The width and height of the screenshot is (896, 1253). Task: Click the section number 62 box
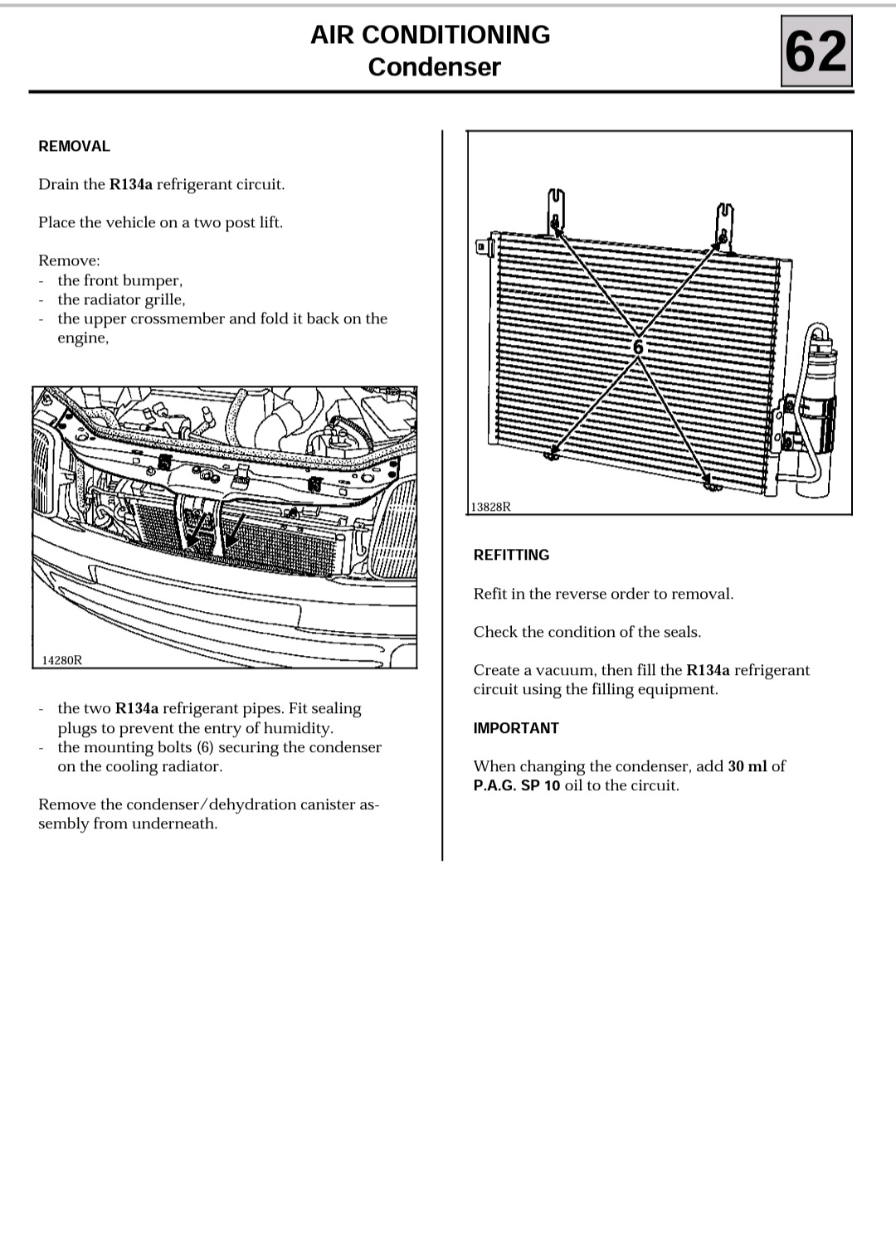point(816,51)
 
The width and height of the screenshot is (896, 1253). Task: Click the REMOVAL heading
point(74,146)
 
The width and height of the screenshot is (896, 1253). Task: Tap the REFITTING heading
point(511,555)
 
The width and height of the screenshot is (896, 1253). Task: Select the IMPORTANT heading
point(516,728)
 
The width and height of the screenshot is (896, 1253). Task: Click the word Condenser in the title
point(434,66)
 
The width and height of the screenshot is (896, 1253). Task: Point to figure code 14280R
point(62,660)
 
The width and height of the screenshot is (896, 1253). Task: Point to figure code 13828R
point(490,507)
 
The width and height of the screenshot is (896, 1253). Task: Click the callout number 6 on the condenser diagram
point(638,347)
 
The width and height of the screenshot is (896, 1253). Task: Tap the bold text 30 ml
point(747,766)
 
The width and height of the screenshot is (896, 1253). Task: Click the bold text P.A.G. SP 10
point(517,785)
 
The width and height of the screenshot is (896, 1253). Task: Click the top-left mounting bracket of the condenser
point(555,210)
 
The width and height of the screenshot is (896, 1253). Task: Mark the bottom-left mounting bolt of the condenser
point(550,453)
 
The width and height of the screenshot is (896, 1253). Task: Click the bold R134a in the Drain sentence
point(131,184)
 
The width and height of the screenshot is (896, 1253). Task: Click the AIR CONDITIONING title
point(430,34)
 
